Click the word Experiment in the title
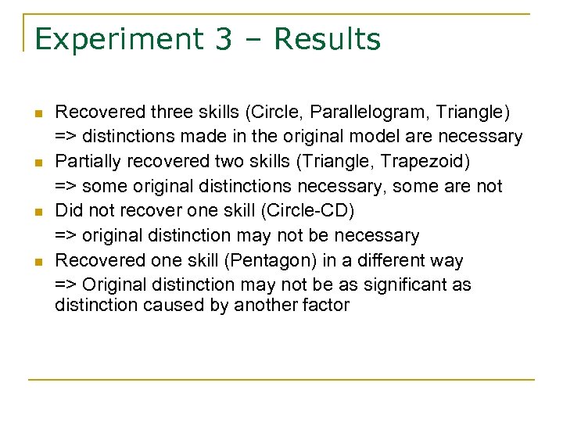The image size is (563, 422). coord(117,39)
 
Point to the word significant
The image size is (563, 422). coord(372,284)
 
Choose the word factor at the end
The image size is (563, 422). coord(327,305)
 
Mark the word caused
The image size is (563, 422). coord(174,305)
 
